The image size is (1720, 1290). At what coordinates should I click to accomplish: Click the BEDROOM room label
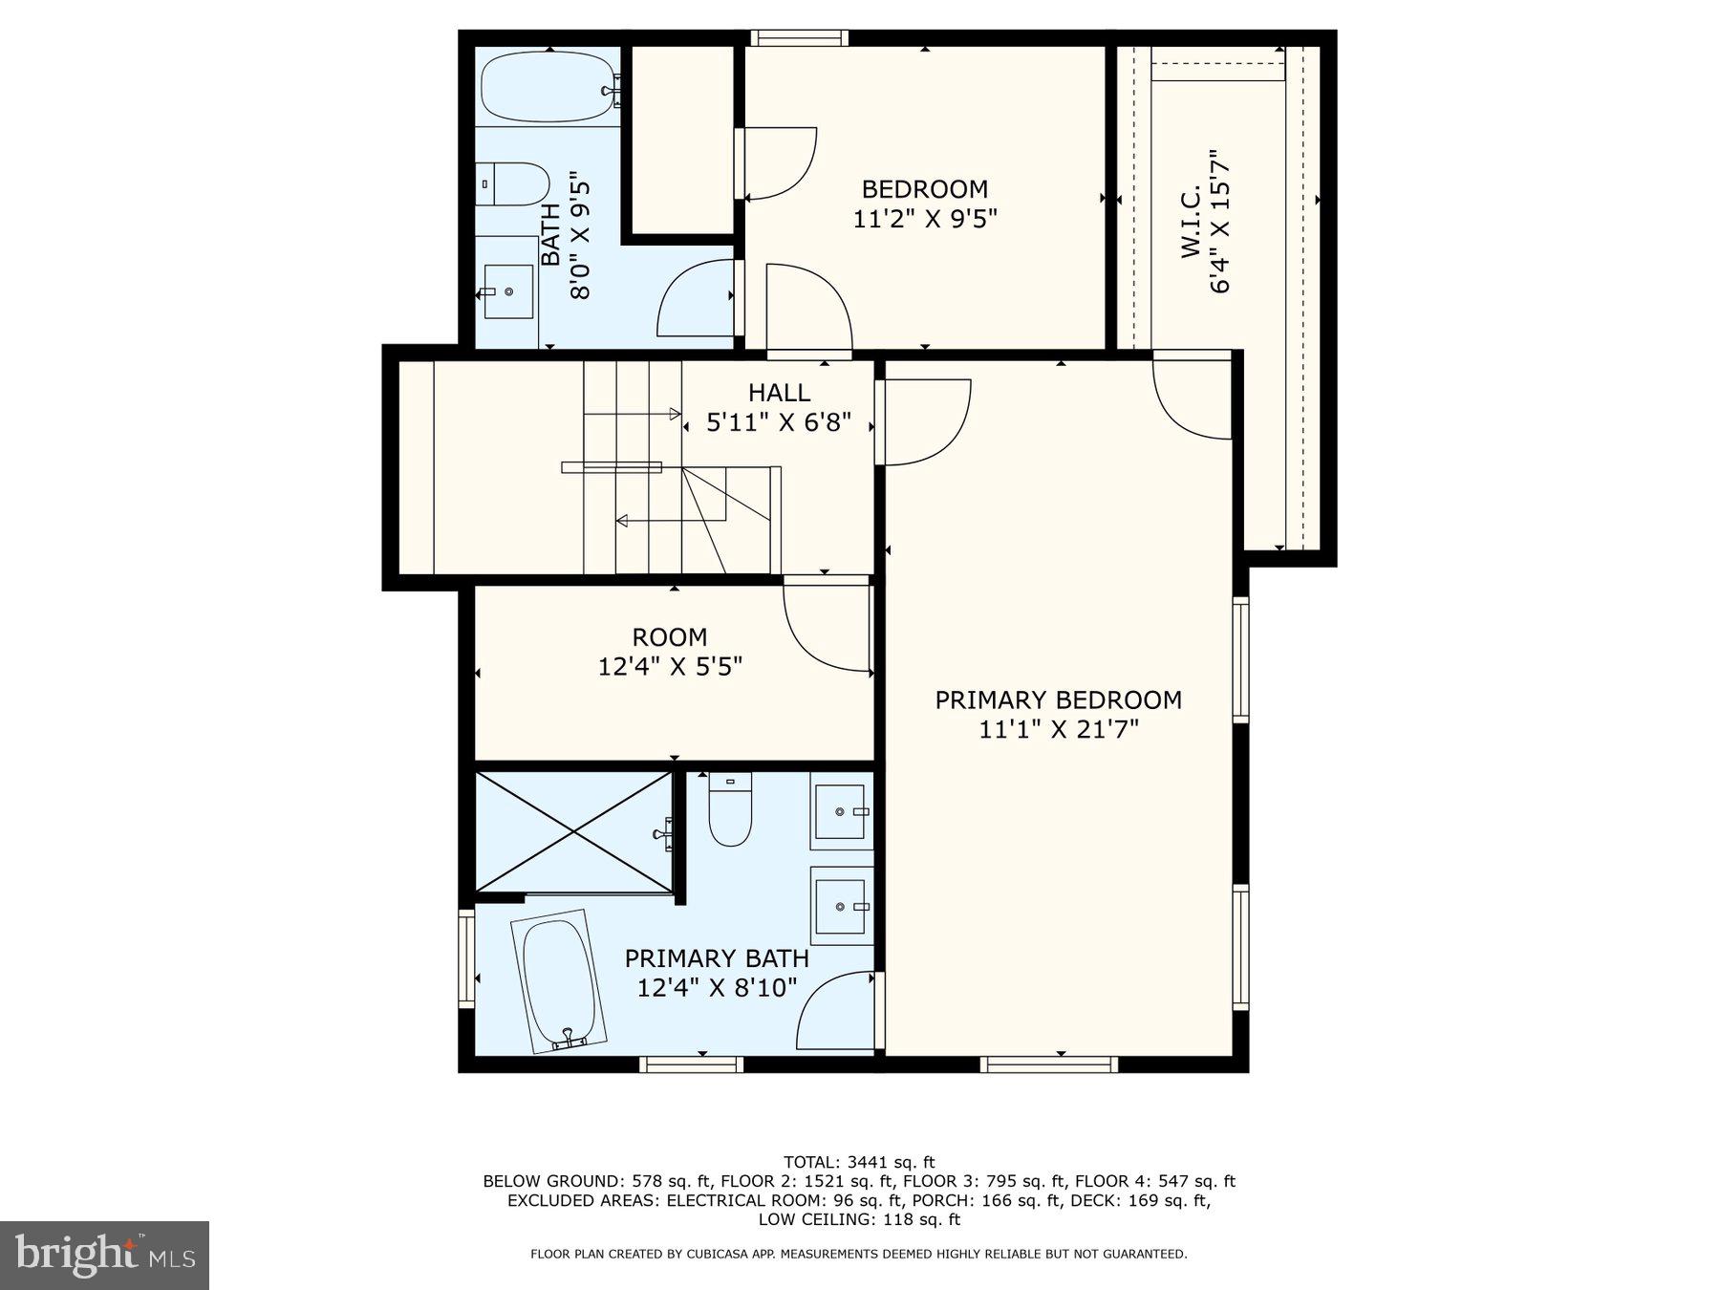[924, 189]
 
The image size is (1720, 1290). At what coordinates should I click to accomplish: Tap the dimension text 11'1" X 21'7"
[1058, 730]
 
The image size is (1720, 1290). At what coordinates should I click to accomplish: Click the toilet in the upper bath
[513, 183]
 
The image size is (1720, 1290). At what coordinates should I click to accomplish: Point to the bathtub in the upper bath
[548, 87]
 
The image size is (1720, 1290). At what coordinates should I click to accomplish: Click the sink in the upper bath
[507, 291]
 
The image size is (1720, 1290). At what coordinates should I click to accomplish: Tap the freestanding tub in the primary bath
[564, 981]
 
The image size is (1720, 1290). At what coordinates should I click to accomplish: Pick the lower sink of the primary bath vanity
[841, 906]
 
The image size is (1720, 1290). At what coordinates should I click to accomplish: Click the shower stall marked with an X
[574, 832]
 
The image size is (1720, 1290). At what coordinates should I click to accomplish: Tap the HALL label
[779, 392]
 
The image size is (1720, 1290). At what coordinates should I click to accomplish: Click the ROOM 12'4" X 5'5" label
[669, 651]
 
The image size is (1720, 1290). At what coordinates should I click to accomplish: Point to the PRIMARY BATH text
[717, 958]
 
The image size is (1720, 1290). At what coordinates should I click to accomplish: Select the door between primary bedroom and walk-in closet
[1193, 395]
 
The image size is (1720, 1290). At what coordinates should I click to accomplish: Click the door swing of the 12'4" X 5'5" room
[827, 626]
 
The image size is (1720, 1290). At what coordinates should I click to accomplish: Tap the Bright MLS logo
[104, 1255]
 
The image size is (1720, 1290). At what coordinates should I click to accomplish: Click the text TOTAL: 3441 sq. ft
[858, 1162]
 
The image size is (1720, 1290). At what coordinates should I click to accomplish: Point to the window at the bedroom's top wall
[799, 38]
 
